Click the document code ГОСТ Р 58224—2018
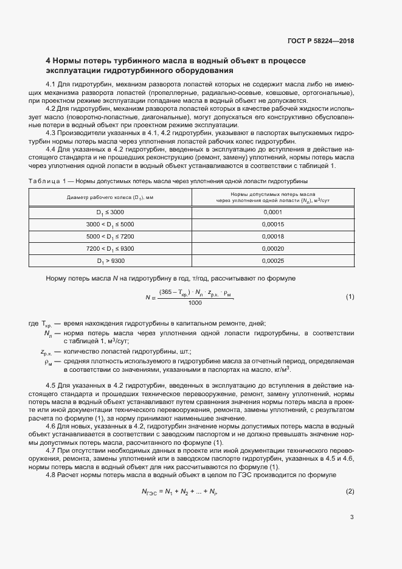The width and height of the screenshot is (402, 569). pos(321,41)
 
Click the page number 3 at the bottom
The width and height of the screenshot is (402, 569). pos(352,518)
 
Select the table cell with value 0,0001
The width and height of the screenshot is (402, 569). pos(272,212)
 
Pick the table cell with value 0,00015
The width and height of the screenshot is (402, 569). pos(272,224)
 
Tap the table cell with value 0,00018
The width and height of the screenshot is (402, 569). pos(272,236)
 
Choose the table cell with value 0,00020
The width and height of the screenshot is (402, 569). pos(272,248)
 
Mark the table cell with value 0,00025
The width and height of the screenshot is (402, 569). pos(272,260)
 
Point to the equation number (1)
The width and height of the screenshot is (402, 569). pos(350,297)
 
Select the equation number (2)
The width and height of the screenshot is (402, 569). pos(350,491)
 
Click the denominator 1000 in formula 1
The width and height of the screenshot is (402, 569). pos(195,303)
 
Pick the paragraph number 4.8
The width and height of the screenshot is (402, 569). pos(52,475)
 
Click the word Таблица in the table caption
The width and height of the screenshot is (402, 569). pos(44,181)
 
